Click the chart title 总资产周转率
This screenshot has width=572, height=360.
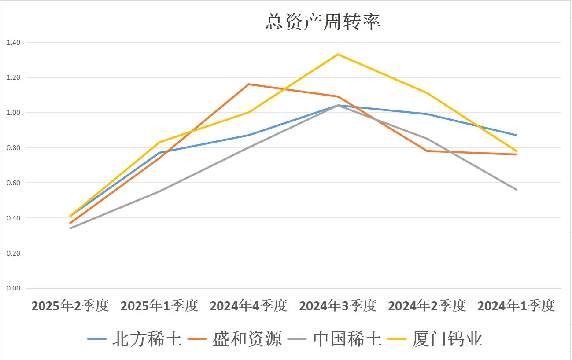click(323, 22)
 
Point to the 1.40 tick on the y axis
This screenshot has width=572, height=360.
click(14, 42)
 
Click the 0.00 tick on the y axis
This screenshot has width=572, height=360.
click(14, 288)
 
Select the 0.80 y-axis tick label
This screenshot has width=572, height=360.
click(14, 148)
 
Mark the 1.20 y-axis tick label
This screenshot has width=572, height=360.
click(14, 77)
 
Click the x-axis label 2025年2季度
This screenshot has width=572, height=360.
click(70, 305)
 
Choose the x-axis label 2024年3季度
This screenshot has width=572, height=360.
click(338, 305)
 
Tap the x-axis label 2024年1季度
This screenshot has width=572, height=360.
click(516, 305)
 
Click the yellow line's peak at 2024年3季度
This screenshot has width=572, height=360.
click(338, 54)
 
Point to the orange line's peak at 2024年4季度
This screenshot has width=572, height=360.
click(249, 84)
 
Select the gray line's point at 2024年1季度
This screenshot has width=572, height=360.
click(517, 190)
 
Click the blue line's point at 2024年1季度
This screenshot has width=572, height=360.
click(517, 135)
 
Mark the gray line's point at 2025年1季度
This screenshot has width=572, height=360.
click(159, 191)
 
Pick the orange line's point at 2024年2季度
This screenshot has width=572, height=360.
click(427, 151)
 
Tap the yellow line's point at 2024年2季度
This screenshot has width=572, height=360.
click(427, 93)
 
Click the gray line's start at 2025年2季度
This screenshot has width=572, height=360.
click(70, 228)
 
